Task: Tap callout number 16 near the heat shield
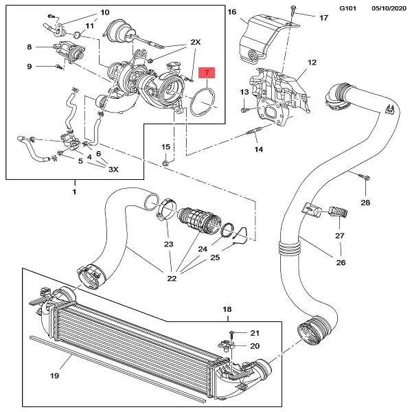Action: pyautogui.click(x=231, y=12)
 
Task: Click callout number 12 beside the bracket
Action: pyautogui.click(x=312, y=62)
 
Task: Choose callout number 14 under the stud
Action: pyautogui.click(x=258, y=149)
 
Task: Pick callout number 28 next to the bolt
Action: pyautogui.click(x=365, y=203)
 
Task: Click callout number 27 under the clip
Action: pyautogui.click(x=339, y=236)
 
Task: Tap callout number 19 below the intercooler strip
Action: pyautogui.click(x=55, y=376)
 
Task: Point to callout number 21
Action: pyautogui.click(x=255, y=332)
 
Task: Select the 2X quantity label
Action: pyautogui.click(x=195, y=42)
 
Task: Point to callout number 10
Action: pyautogui.click(x=104, y=12)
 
